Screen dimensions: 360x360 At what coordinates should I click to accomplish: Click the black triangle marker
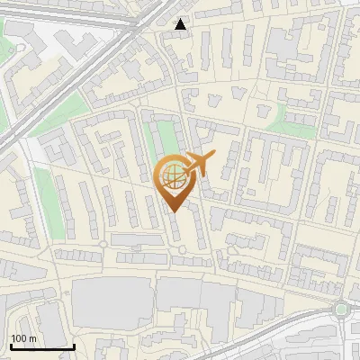(x=181, y=24)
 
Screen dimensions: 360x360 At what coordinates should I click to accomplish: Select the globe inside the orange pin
(x=172, y=176)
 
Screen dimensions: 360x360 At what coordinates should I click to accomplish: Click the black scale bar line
(x=41, y=346)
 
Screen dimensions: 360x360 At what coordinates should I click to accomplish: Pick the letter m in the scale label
(x=33, y=338)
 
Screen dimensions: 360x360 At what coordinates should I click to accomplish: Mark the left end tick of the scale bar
(x=10, y=346)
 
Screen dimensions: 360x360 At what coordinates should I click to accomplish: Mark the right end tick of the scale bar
(x=74, y=346)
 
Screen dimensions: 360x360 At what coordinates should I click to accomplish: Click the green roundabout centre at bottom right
(x=341, y=310)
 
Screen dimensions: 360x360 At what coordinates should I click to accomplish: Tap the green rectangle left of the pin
(x=162, y=144)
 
